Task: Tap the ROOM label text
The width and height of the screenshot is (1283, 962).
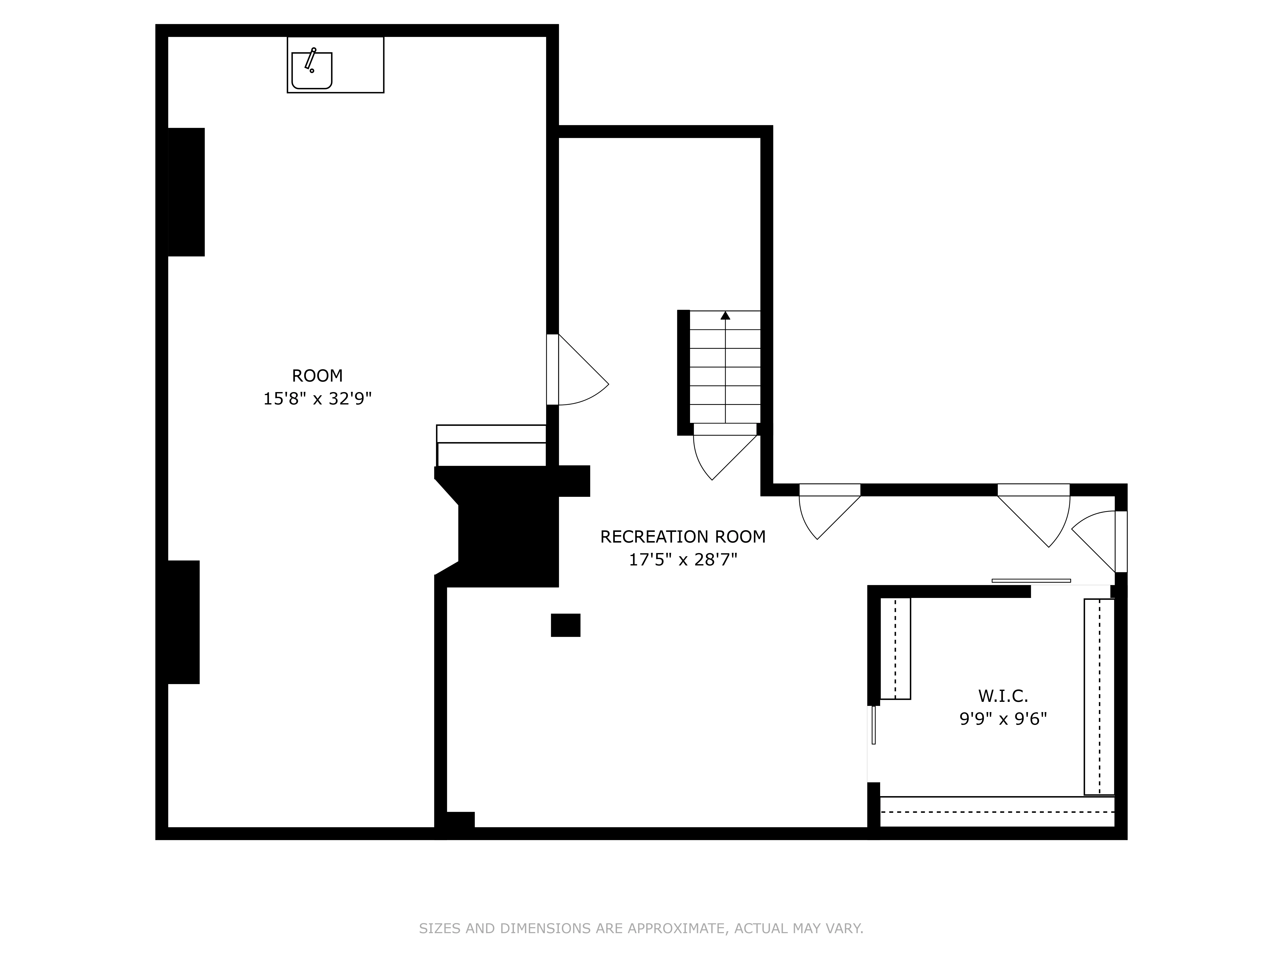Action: tap(317, 376)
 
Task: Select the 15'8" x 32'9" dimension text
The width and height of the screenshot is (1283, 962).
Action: tap(317, 399)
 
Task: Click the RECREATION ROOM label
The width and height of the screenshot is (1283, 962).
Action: tap(683, 537)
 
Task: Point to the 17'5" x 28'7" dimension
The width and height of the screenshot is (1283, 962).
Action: tap(683, 560)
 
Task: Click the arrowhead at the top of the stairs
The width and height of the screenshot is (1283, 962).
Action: tap(725, 316)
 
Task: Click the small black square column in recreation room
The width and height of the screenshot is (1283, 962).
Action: tap(566, 625)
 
